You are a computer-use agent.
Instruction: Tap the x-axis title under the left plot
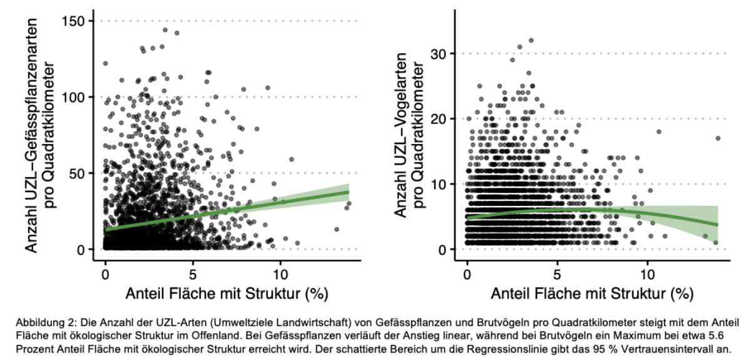tap(228, 294)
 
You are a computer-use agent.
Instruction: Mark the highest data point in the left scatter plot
tap(165, 29)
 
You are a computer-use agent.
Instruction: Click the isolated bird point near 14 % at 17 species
tap(718, 138)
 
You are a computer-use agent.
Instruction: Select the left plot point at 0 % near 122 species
tap(105, 63)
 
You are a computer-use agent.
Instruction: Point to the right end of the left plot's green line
tap(349, 192)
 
